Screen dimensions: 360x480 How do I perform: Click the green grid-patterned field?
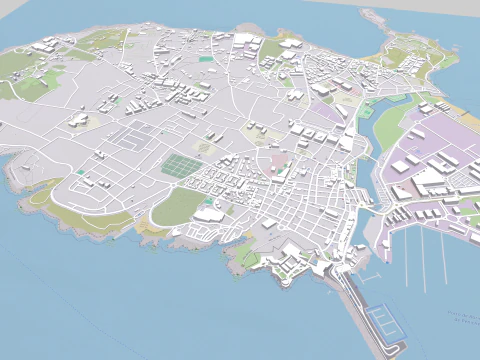[180, 164]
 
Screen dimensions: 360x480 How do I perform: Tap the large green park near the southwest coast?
[178, 206]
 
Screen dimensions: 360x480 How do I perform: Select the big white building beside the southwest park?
[209, 214]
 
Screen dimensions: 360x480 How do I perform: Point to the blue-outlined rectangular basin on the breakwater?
[384, 323]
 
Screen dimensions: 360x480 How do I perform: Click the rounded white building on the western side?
[78, 120]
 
